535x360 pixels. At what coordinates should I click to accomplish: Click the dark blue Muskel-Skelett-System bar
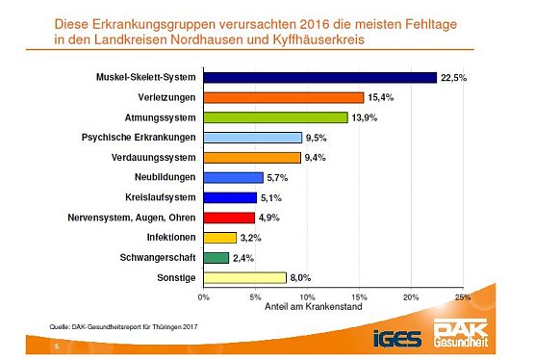click(x=319, y=78)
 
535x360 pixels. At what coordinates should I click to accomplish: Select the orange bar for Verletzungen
click(x=283, y=97)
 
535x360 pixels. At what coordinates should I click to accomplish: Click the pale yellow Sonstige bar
click(x=244, y=277)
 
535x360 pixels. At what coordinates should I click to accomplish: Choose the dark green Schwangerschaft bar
click(x=216, y=257)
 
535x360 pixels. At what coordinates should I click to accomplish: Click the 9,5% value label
click(x=318, y=138)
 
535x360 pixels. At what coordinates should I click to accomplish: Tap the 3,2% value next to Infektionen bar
click(x=252, y=238)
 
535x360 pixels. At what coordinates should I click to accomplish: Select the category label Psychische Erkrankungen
click(x=138, y=138)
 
